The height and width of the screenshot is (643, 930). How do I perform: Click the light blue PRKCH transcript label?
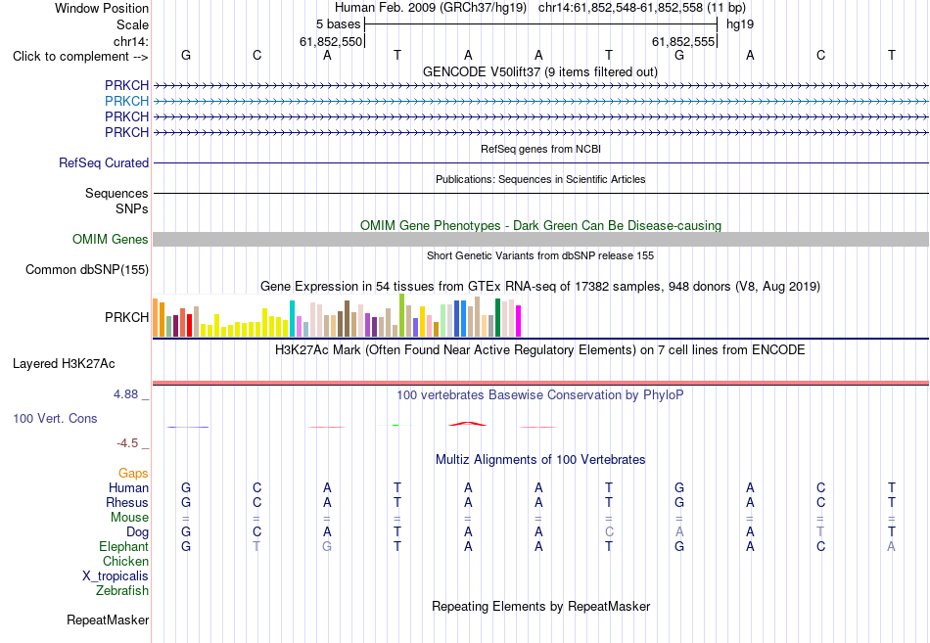(x=126, y=101)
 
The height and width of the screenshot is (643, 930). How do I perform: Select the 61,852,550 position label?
(x=330, y=41)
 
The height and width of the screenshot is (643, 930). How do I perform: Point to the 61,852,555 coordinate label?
(x=683, y=41)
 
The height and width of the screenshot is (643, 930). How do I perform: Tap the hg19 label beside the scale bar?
(x=740, y=24)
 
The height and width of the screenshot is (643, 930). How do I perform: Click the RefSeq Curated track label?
(x=104, y=162)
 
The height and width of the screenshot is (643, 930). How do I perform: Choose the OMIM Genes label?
(x=111, y=239)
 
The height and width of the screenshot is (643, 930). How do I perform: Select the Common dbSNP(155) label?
(x=87, y=269)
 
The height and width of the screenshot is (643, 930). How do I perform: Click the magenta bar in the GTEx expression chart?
(x=519, y=321)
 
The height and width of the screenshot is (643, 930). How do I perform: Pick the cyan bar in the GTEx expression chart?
(x=292, y=318)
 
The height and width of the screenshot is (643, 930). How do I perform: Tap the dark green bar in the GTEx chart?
(x=498, y=318)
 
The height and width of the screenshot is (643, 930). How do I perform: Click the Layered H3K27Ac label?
(x=64, y=364)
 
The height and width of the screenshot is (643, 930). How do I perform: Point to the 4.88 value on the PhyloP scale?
(x=125, y=393)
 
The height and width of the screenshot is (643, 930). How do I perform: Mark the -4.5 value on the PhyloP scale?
(x=127, y=443)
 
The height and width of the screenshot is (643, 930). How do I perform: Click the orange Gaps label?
(x=133, y=473)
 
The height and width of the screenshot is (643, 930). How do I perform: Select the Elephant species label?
(x=124, y=546)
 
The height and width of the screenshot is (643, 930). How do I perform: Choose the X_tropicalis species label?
(x=116, y=576)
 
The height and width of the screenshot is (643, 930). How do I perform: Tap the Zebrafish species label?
(x=122, y=591)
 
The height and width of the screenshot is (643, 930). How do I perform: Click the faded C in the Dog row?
(x=609, y=532)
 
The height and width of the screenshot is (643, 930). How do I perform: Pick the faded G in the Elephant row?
(x=327, y=546)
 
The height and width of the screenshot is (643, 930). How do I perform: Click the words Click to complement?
(x=70, y=57)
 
